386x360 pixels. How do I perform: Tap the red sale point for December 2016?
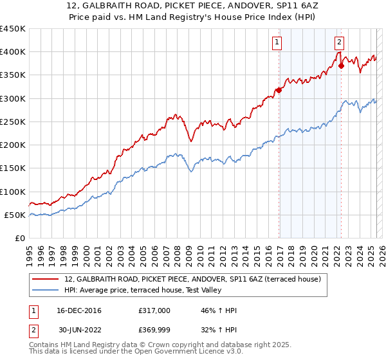(x=279, y=90)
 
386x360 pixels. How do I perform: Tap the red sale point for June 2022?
(x=342, y=65)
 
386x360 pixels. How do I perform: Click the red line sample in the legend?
(x=46, y=278)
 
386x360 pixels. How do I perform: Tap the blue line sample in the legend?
(x=46, y=290)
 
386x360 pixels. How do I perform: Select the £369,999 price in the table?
(x=154, y=332)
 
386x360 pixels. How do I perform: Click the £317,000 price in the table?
(x=154, y=310)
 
